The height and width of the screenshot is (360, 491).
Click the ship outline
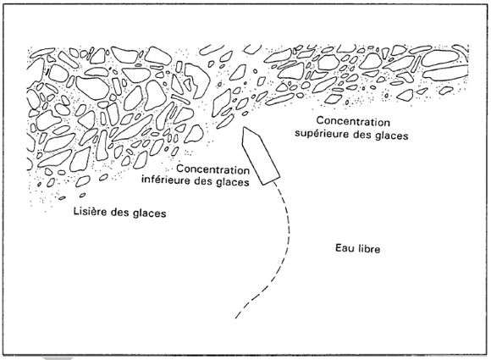pos(260,157)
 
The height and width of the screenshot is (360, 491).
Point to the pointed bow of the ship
pos(245,128)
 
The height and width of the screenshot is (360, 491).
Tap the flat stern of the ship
pos(271,182)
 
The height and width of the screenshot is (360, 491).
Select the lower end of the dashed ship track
pos(236,318)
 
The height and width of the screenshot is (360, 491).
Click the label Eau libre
pos(357,248)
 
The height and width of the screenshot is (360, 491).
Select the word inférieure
pos(167,181)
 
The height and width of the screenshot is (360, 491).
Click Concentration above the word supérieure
pos(353,122)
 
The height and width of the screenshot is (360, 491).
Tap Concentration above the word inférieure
pos(213,169)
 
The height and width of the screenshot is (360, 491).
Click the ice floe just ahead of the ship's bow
pos(226,119)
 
